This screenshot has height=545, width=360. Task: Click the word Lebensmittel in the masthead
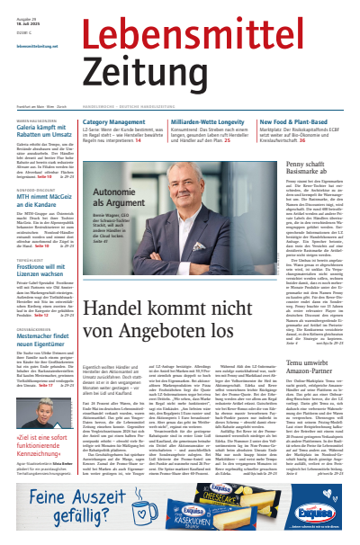(217, 34)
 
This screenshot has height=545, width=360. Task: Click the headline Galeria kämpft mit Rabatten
(47, 132)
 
